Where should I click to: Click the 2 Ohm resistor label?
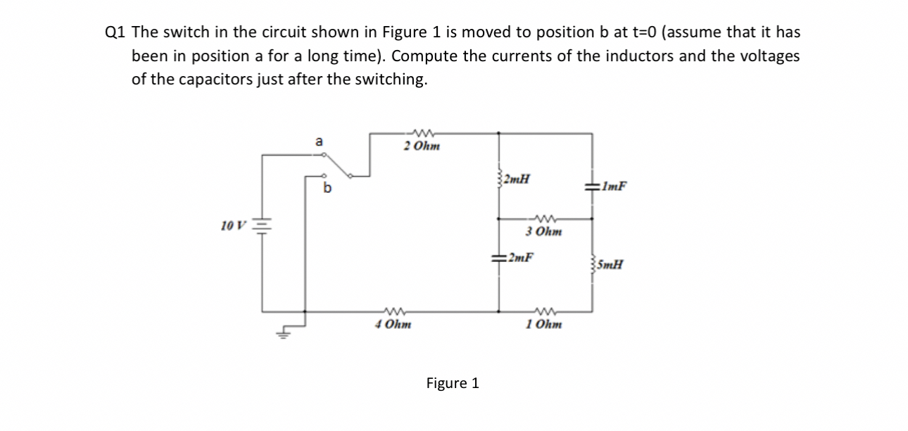tap(422, 146)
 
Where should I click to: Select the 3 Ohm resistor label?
tap(544, 231)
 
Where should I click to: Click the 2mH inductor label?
tap(517, 178)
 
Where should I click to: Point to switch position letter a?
tap(319, 142)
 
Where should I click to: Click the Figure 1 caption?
tap(453, 383)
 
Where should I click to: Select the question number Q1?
tap(115, 32)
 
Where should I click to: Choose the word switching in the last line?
tap(391, 79)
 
